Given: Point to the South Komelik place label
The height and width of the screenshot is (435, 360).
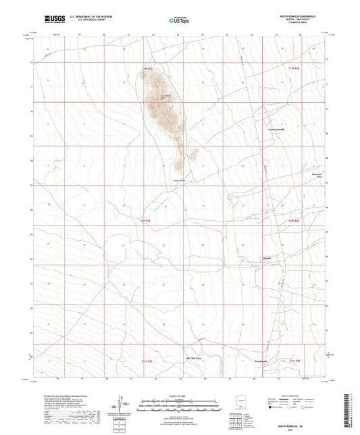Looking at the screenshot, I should (x=277, y=129).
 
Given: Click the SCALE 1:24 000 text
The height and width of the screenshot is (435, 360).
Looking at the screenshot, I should (x=180, y=395).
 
